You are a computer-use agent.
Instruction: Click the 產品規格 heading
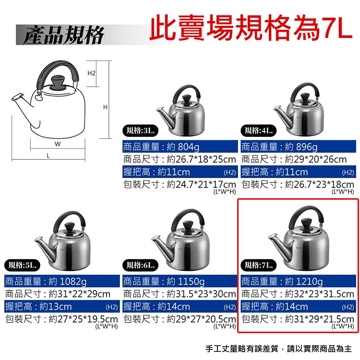[x=64, y=35]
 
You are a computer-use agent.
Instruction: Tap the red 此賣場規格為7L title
[x=251, y=28]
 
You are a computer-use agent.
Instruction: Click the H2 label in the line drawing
[x=91, y=73]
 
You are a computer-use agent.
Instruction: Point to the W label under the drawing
[x=58, y=144]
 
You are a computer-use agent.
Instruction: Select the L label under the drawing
[x=48, y=156]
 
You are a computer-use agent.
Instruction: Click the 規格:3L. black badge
[x=141, y=131]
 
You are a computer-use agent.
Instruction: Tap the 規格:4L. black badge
[x=259, y=131]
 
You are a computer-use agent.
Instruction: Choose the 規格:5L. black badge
[x=22, y=265]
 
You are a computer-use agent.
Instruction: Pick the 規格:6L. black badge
[x=141, y=265]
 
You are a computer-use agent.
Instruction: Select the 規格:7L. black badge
[x=259, y=265]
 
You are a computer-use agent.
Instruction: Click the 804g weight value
[x=189, y=147]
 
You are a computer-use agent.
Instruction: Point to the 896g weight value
[x=307, y=147]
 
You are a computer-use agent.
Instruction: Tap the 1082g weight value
[x=73, y=281]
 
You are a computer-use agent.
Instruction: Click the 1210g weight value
[x=309, y=281]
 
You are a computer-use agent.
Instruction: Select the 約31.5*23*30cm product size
[x=201, y=294]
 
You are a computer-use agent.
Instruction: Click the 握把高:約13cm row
[x=38, y=307]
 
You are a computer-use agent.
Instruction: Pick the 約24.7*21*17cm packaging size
[x=201, y=184]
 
